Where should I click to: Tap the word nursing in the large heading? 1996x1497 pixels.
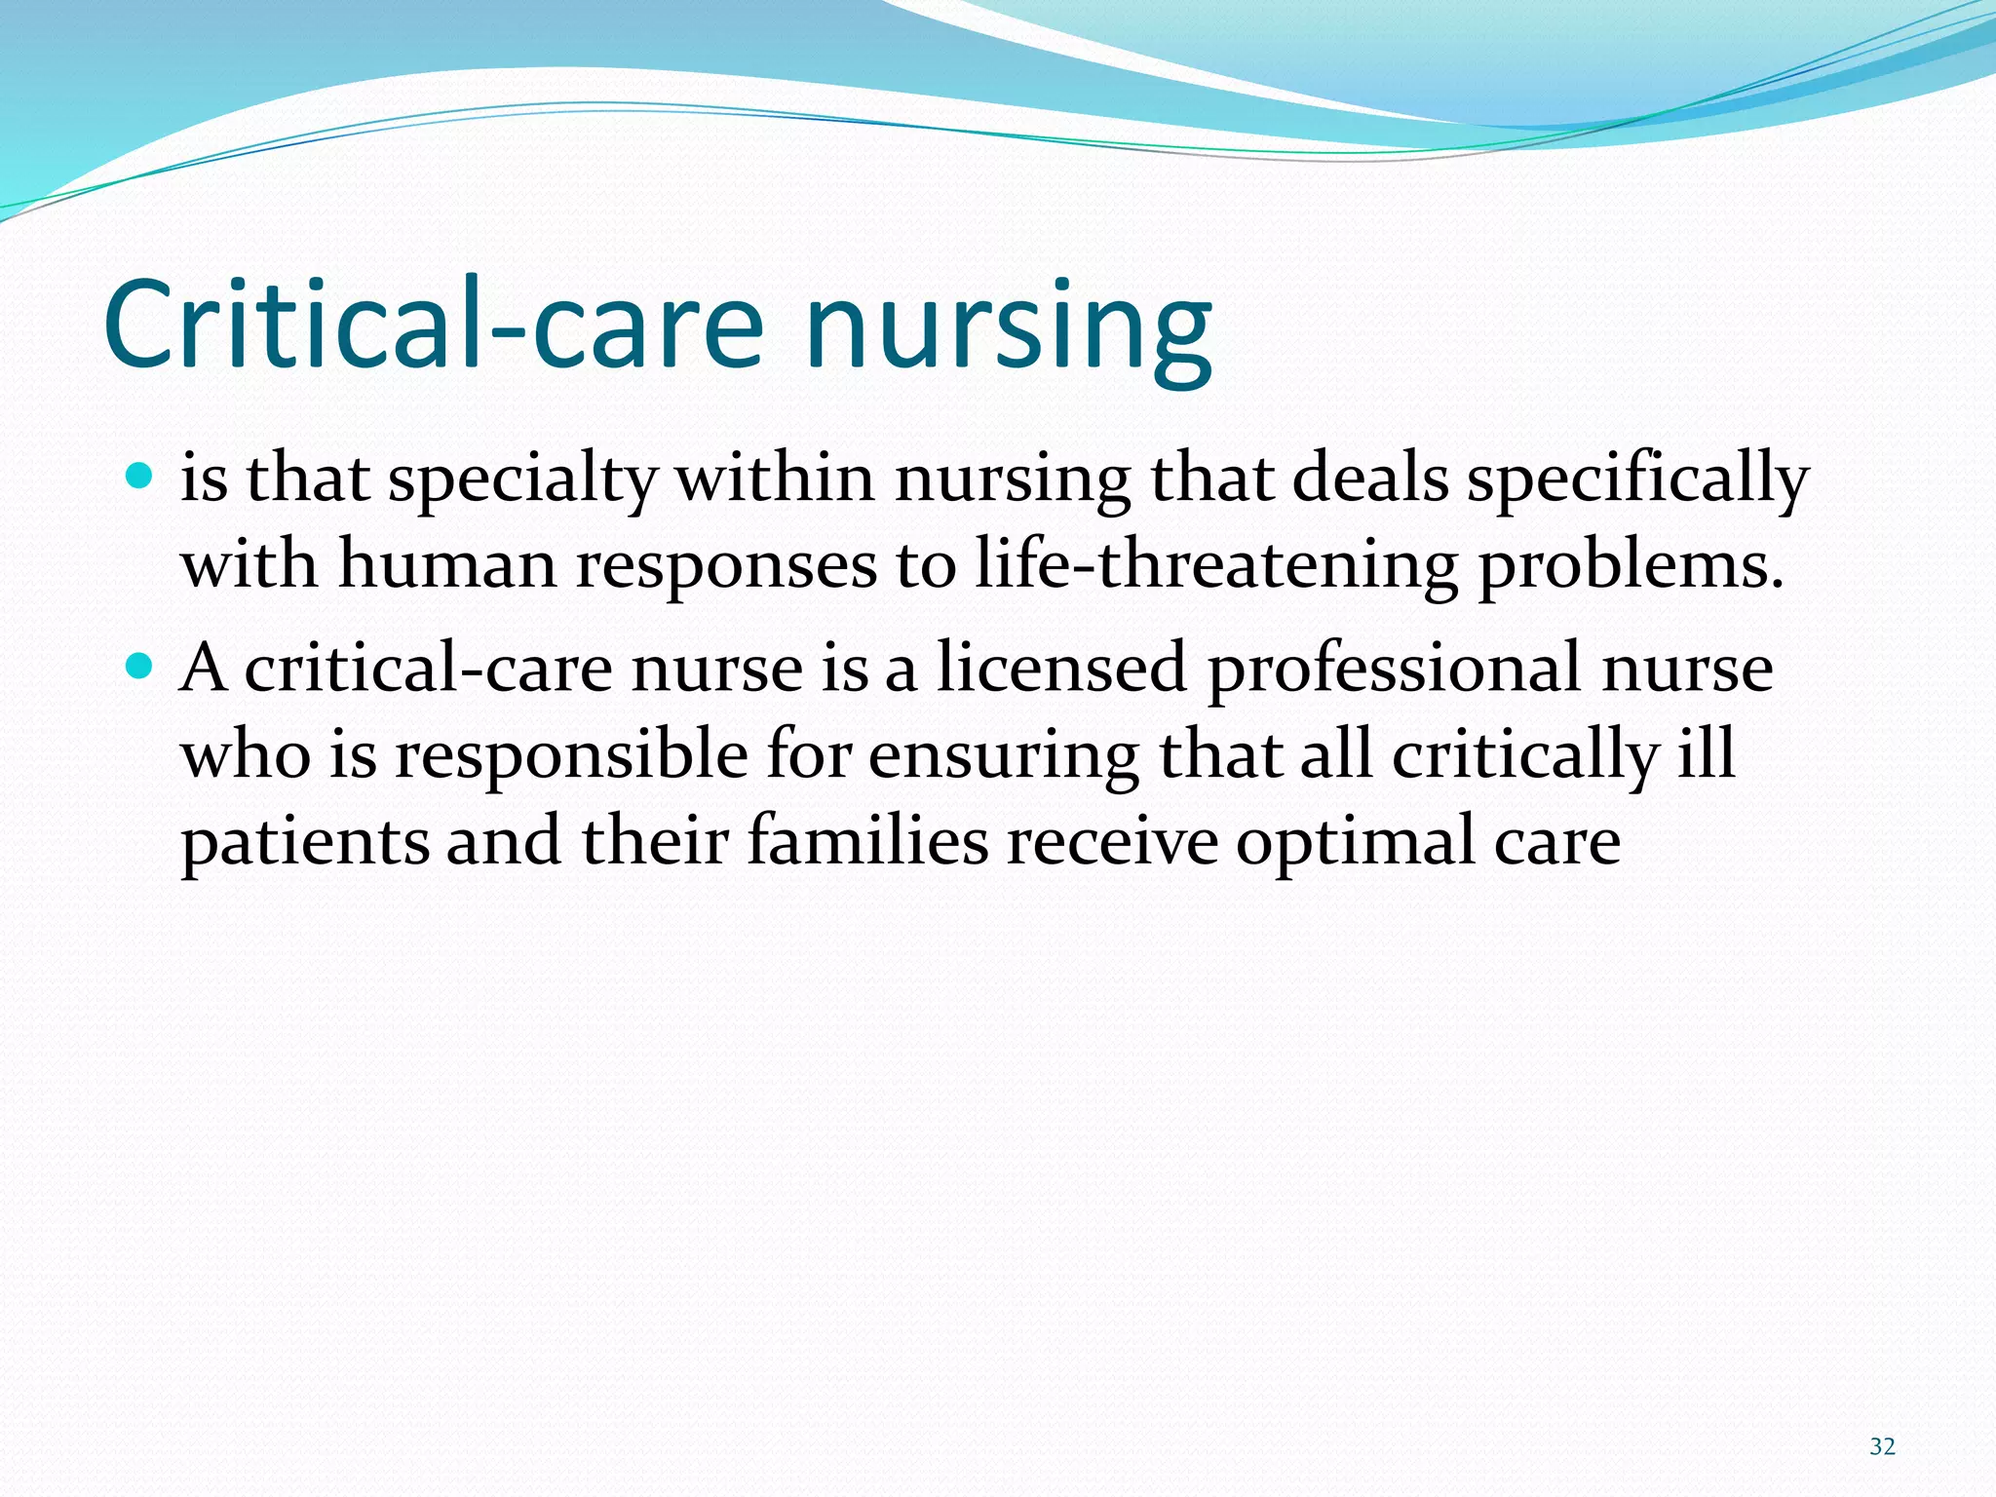1008,331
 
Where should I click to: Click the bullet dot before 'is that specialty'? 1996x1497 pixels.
140,477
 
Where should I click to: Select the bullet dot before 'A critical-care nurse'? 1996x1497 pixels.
140,666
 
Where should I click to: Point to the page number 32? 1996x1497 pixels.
1882,1446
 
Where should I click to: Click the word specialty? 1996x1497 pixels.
523,482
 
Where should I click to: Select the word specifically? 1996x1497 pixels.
1637,482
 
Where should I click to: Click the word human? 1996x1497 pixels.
446,566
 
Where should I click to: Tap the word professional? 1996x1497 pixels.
1394,672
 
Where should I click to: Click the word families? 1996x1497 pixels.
867,842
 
